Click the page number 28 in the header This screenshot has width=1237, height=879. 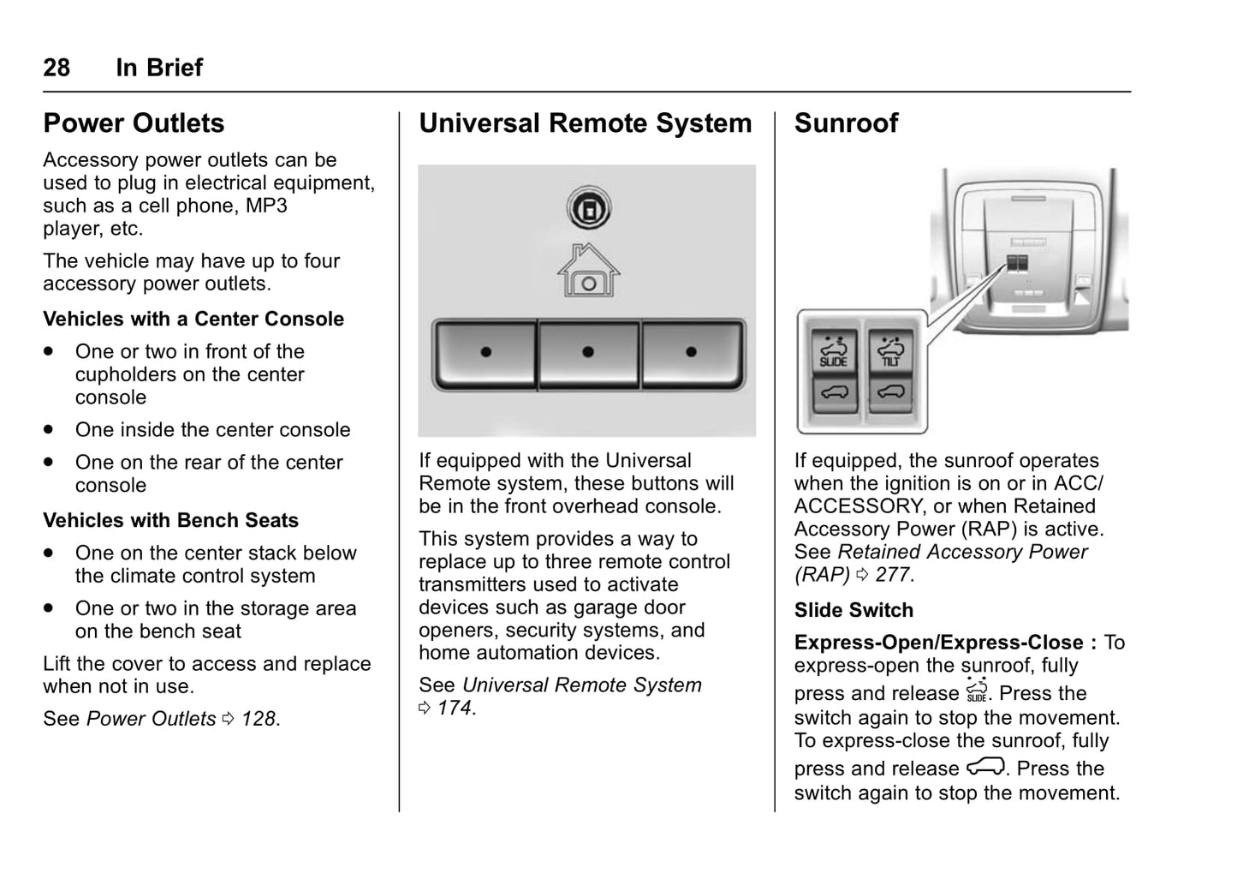pyautogui.click(x=56, y=68)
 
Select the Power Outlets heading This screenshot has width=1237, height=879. pyautogui.click(x=134, y=123)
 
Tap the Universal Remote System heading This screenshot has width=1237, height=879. pyautogui.click(x=585, y=123)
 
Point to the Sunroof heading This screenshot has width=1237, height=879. pyautogui.click(x=846, y=123)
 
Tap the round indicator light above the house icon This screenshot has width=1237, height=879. pyautogui.click(x=588, y=208)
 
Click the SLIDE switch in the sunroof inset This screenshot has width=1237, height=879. pyautogui.click(x=833, y=350)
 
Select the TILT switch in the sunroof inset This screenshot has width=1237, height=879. pyautogui.click(x=890, y=350)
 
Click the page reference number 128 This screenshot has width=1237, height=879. pyautogui.click(x=259, y=719)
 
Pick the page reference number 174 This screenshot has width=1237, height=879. pyautogui.click(x=454, y=709)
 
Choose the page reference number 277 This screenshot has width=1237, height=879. pyautogui.click(x=892, y=575)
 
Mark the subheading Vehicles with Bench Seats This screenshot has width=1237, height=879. pyautogui.click(x=170, y=521)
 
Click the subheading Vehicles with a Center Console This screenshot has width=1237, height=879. pyautogui.click(x=193, y=320)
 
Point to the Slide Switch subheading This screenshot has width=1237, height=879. pyautogui.click(x=853, y=611)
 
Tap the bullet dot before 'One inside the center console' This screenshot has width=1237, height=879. pyautogui.click(x=50, y=429)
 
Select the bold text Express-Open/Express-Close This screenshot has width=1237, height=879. pyautogui.click(x=938, y=643)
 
